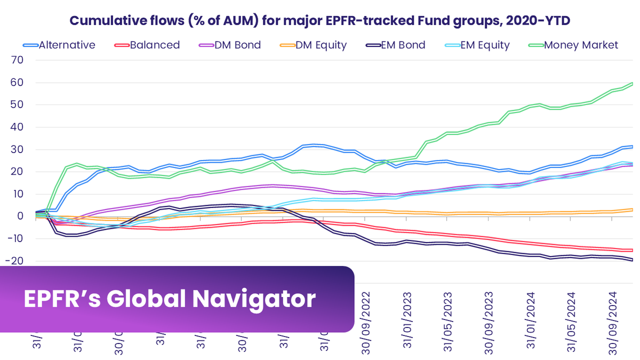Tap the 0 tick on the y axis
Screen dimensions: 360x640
point(20,216)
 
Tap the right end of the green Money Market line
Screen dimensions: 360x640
point(633,83)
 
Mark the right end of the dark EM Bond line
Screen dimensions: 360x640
point(633,260)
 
